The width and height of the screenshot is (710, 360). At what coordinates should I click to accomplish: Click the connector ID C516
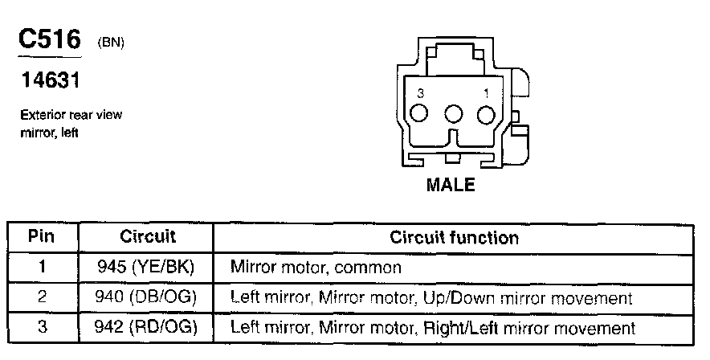coord(49,41)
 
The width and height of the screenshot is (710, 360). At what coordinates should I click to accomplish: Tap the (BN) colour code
coord(110,43)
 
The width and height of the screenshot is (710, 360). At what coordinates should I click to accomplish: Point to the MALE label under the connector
coord(450,185)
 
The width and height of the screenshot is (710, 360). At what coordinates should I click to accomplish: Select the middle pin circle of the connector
coord(453,115)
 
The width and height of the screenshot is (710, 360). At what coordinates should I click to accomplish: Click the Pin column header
coord(42,237)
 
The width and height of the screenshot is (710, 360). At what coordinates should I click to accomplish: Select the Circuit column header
coord(148,237)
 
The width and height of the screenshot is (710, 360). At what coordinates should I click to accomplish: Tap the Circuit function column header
coord(454,237)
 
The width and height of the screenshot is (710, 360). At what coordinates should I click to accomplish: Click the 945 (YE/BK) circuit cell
coord(148,266)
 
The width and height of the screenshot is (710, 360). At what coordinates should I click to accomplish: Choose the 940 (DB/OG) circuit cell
coord(148,297)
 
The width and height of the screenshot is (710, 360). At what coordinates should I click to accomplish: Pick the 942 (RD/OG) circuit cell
coord(148,328)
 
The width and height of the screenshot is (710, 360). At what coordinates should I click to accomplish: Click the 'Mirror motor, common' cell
coord(315,266)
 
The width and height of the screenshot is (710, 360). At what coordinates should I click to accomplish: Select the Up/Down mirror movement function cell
coord(431,297)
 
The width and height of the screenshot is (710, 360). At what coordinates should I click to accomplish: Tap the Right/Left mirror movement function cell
coord(433,328)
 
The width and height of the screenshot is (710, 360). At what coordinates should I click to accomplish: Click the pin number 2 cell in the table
coord(42,297)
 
